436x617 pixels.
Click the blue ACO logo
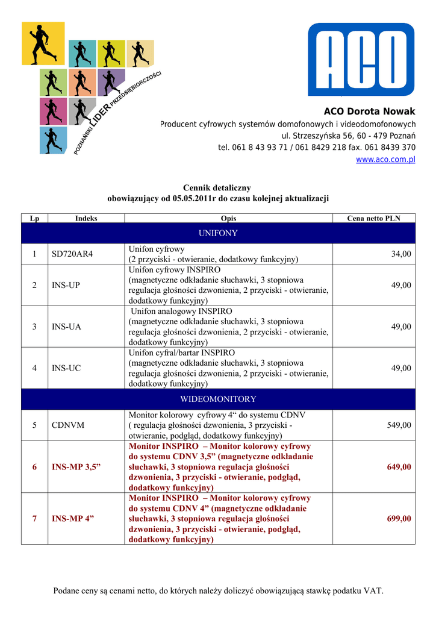tap(361, 59)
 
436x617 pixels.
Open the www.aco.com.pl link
tap(385, 160)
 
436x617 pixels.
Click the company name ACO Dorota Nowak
tap(369, 111)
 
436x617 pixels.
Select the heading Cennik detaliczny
tap(217, 188)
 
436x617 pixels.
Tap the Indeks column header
tap(86, 218)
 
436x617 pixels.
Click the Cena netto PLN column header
tap(373, 218)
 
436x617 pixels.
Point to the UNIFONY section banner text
tap(218, 233)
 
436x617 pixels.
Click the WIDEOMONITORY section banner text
tap(218, 399)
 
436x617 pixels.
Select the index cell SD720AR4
tap(72, 254)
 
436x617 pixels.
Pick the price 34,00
tap(401, 254)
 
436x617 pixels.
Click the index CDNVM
tap(68, 425)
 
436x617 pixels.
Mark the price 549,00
tap(399, 425)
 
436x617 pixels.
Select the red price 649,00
tap(399, 467)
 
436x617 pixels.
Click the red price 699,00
tap(399, 519)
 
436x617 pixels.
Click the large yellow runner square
tap(43, 43)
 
